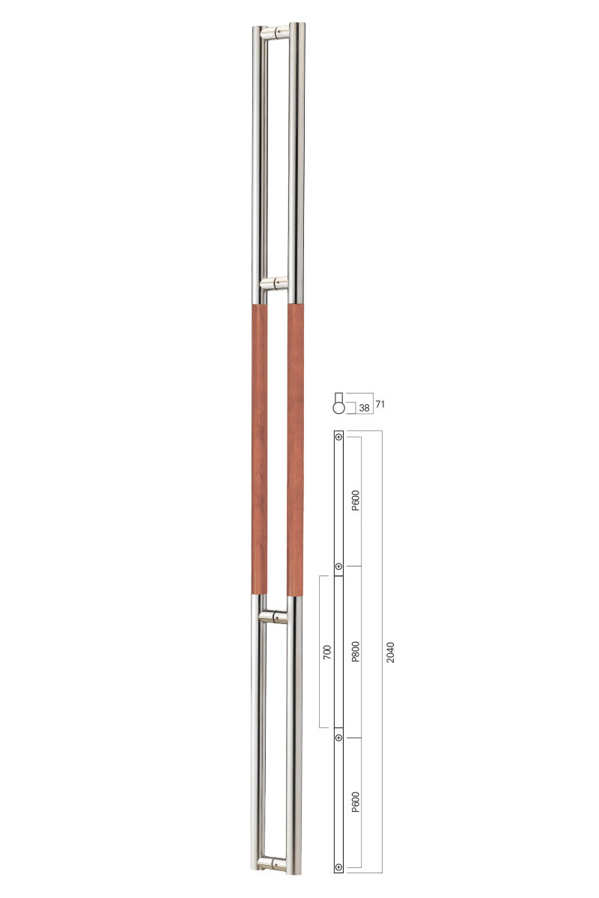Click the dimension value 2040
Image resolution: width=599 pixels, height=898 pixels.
click(390, 653)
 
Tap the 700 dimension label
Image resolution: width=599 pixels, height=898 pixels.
click(327, 653)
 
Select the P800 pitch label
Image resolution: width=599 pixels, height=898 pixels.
click(356, 652)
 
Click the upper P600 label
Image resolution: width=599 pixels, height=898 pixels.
click(356, 501)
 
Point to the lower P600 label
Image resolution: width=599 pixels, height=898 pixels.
click(356, 802)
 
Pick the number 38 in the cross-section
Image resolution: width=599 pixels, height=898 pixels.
click(364, 408)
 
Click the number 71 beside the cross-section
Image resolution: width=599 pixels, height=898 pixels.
click(380, 404)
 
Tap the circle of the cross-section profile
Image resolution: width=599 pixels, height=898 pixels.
click(339, 408)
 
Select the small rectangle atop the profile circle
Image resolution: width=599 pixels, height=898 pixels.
click(339, 397)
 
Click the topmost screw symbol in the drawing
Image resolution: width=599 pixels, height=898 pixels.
click(338, 436)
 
